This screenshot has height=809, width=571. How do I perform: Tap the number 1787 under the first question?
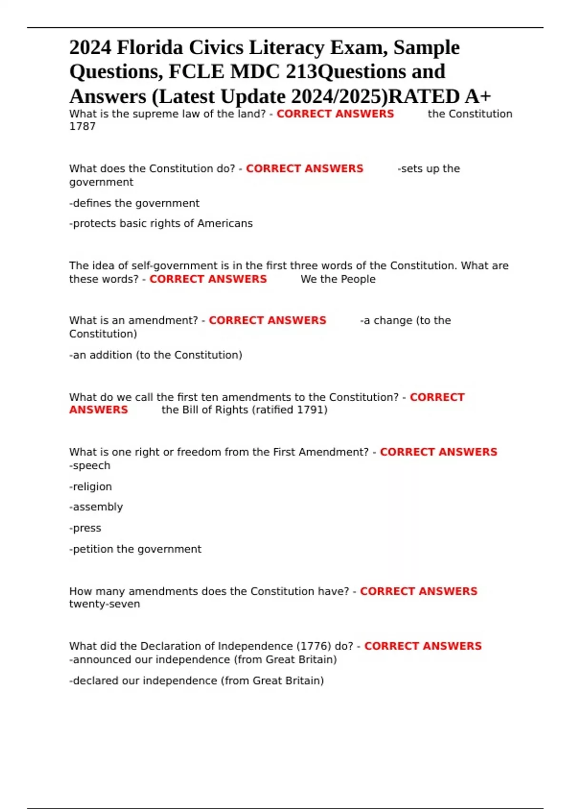pyautogui.click(x=82, y=127)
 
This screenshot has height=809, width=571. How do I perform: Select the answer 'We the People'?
pyautogui.click(x=338, y=279)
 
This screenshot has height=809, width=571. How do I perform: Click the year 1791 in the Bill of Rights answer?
pyautogui.click(x=310, y=410)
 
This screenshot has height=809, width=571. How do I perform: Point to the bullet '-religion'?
pyautogui.click(x=90, y=487)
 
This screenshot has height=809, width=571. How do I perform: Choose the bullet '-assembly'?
pyautogui.click(x=96, y=507)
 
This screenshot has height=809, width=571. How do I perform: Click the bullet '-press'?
pyautogui.click(x=85, y=528)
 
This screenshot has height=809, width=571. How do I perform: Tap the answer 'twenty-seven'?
pyautogui.click(x=105, y=604)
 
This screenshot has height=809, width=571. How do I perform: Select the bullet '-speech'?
pyautogui.click(x=89, y=466)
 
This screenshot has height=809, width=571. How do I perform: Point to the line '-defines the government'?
pyautogui.click(x=134, y=204)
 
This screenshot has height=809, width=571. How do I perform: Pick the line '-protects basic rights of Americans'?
pyautogui.click(x=161, y=224)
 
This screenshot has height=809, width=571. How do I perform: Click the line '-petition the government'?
pyautogui.click(x=135, y=549)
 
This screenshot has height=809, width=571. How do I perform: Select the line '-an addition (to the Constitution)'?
pyautogui.click(x=156, y=355)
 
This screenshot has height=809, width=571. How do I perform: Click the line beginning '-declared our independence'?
pyautogui.click(x=197, y=681)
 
